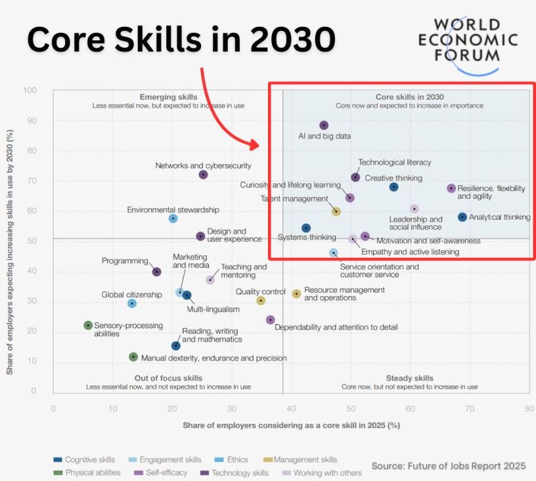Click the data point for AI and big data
pos(324,125)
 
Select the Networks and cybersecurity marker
pos(203,175)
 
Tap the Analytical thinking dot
pos(462,217)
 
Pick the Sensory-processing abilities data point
pos(88,326)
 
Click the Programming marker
pos(156,272)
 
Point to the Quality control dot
pos(261,301)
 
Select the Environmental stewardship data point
pos(173,218)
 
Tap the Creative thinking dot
pos(394,187)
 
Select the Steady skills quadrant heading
pos(409,379)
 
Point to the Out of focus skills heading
pos(168,379)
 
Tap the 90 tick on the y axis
pos(31,121)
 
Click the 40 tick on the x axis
pos(291,408)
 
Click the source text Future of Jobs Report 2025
pos(449,466)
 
